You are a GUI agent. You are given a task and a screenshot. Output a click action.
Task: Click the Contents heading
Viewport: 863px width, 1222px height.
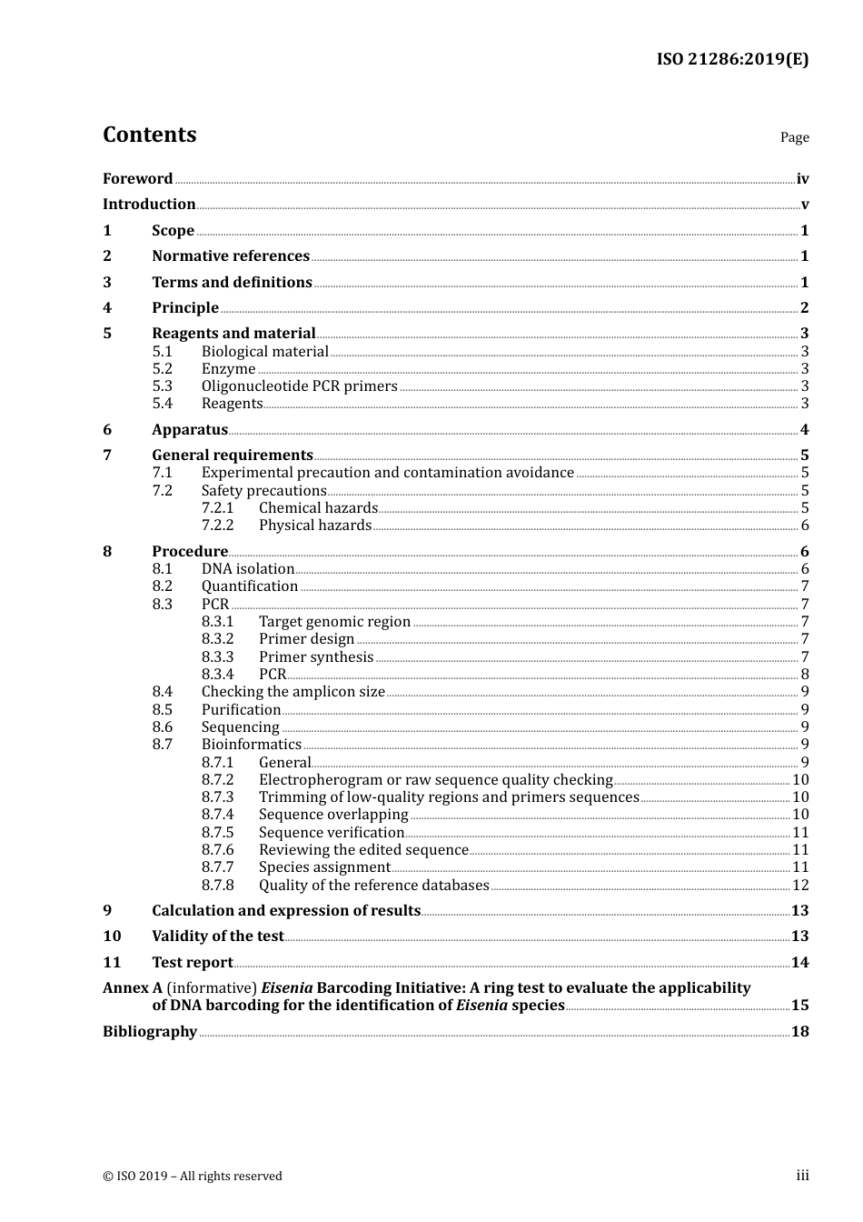149,135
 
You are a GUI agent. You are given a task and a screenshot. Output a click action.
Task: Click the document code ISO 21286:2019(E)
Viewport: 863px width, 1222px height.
732,59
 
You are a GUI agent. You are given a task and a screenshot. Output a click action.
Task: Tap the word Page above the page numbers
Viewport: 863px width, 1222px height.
794,137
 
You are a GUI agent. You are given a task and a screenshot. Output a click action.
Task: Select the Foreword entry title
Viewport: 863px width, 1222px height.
137,178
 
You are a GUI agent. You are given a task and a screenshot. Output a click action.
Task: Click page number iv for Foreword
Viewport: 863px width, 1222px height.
802,178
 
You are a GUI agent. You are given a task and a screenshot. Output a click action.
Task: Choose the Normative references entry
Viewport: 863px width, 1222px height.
231,256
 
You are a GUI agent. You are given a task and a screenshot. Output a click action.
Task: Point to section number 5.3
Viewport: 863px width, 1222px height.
162,386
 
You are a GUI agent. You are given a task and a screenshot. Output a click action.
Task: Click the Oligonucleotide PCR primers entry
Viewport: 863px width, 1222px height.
299,386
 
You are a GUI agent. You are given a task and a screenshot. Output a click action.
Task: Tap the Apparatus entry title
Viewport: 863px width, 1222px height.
190,429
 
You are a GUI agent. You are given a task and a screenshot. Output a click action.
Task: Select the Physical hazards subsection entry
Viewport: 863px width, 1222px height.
314,526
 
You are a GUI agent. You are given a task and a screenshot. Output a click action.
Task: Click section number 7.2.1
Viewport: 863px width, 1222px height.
217,508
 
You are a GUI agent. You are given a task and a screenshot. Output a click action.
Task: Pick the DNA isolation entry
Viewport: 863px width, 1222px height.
248,569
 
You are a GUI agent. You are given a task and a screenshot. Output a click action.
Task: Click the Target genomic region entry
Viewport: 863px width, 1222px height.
334,622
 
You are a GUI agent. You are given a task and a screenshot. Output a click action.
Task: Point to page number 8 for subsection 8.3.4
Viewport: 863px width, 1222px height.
805,675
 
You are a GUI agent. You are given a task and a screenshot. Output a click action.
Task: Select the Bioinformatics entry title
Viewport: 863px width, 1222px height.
251,745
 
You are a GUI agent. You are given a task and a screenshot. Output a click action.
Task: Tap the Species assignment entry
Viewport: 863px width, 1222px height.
324,867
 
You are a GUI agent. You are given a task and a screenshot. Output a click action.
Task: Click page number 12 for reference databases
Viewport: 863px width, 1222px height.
800,885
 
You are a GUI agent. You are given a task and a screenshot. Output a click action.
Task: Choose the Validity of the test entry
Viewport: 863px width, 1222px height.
218,937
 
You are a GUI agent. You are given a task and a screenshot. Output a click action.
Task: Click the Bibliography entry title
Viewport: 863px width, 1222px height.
150,1031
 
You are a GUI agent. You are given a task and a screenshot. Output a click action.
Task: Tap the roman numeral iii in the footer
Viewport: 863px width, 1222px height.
802,1176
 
